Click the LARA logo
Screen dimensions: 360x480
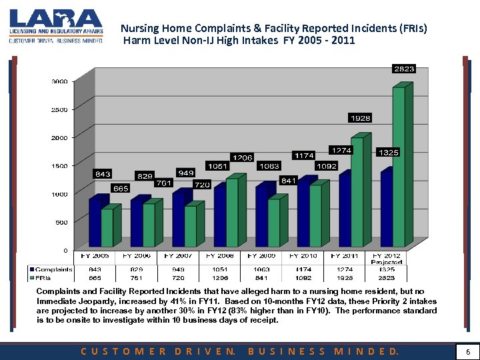pyautogui.click(x=56, y=26)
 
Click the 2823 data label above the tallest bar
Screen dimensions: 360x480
pyautogui.click(x=404, y=69)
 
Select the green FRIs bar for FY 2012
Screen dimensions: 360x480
pyautogui.click(x=398, y=167)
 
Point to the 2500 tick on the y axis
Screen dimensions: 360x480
pyautogui.click(x=59, y=109)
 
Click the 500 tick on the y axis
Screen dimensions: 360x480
pyautogui.click(x=61, y=223)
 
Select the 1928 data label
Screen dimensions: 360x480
pyautogui.click(x=361, y=118)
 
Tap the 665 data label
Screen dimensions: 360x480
pyautogui.click(x=121, y=188)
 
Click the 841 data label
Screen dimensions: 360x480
pyautogui.click(x=289, y=181)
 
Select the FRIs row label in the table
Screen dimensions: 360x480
pyautogui.click(x=47, y=277)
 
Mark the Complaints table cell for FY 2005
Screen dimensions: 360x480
pyautogui.click(x=95, y=269)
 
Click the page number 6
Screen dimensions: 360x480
pyautogui.click(x=468, y=351)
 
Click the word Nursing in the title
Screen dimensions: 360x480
pyautogui.click(x=139, y=29)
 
